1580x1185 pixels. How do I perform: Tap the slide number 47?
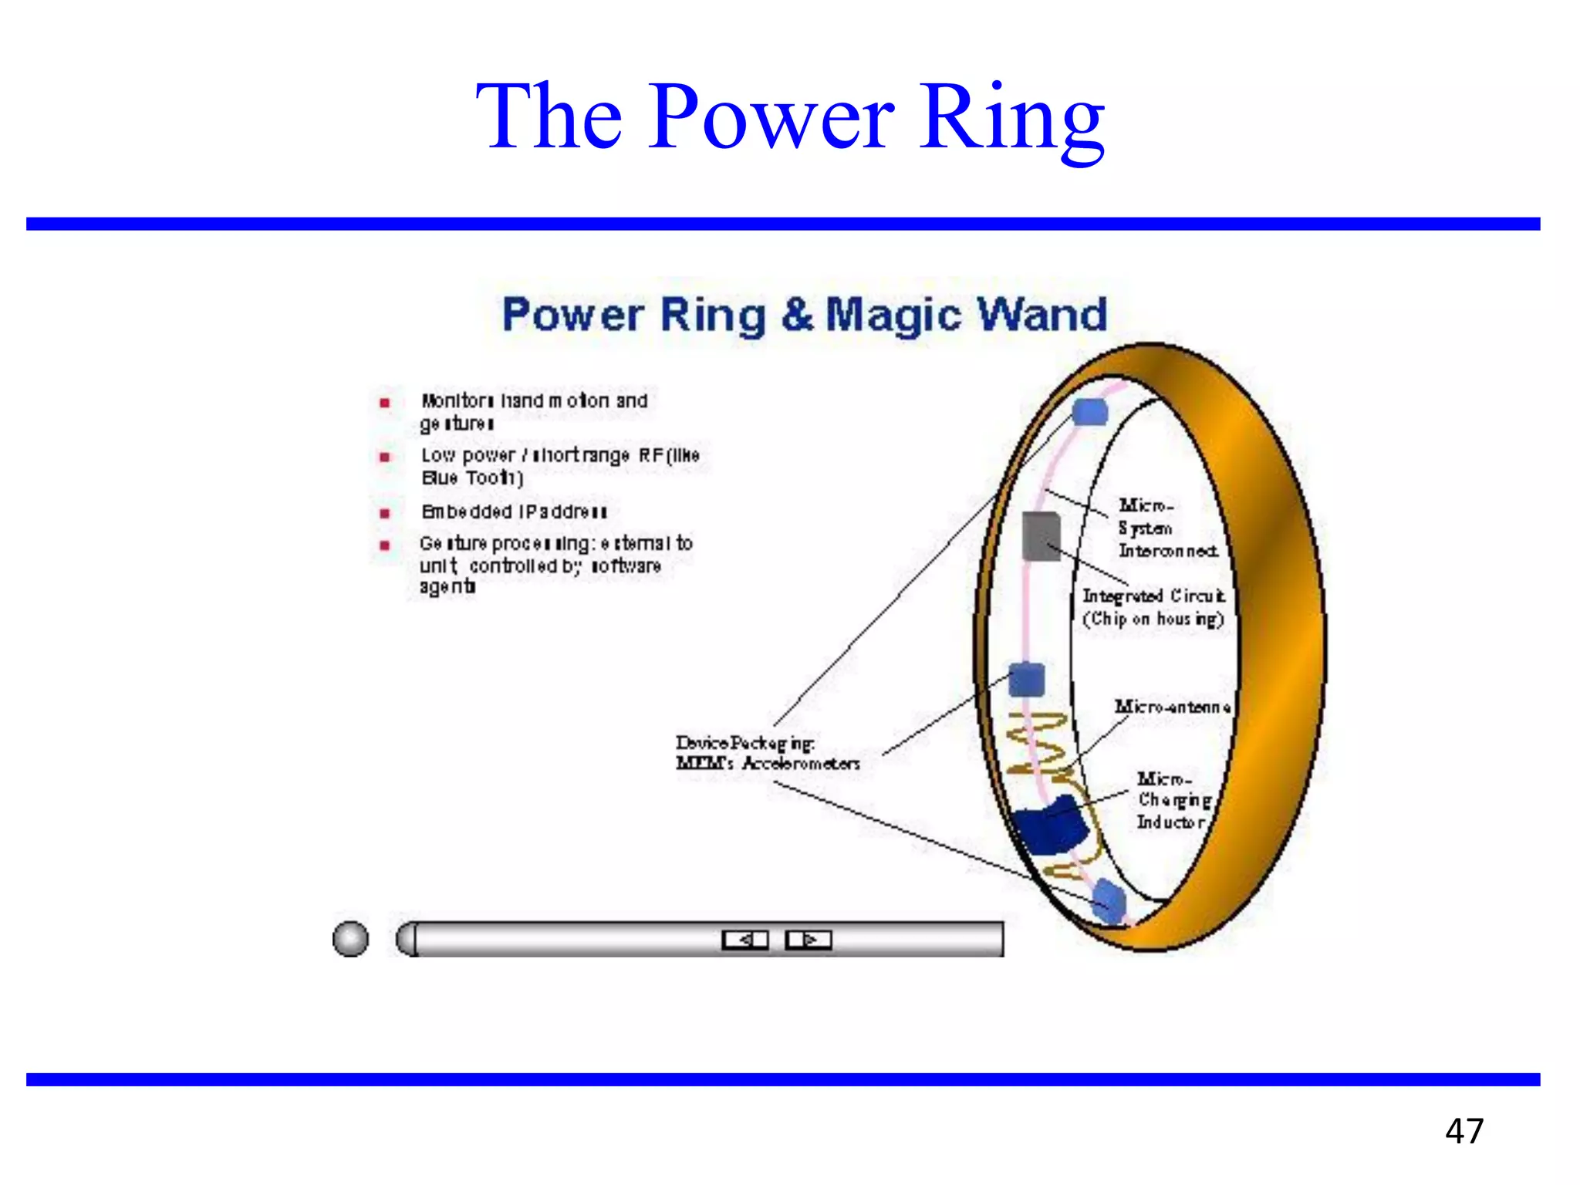pyautogui.click(x=1464, y=1131)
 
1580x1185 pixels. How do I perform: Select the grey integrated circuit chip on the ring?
pyautogui.click(x=1041, y=535)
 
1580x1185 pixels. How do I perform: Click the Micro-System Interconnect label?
pyautogui.click(x=1167, y=528)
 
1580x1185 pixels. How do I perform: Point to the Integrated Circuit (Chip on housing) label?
pyautogui.click(x=1153, y=607)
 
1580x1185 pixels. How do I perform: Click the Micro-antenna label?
pyautogui.click(x=1172, y=707)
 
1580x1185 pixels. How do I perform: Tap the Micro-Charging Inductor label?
pyautogui.click(x=1173, y=800)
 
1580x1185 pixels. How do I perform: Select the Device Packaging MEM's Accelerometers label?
pyautogui.click(x=768, y=753)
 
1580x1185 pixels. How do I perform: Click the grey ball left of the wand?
pyautogui.click(x=350, y=939)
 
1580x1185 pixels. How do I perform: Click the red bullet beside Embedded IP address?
pyautogui.click(x=385, y=513)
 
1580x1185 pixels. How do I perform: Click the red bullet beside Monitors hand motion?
pyautogui.click(x=385, y=403)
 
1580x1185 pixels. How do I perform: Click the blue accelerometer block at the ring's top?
pyautogui.click(x=1090, y=412)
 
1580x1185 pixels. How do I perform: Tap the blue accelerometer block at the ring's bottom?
pyautogui.click(x=1109, y=900)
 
